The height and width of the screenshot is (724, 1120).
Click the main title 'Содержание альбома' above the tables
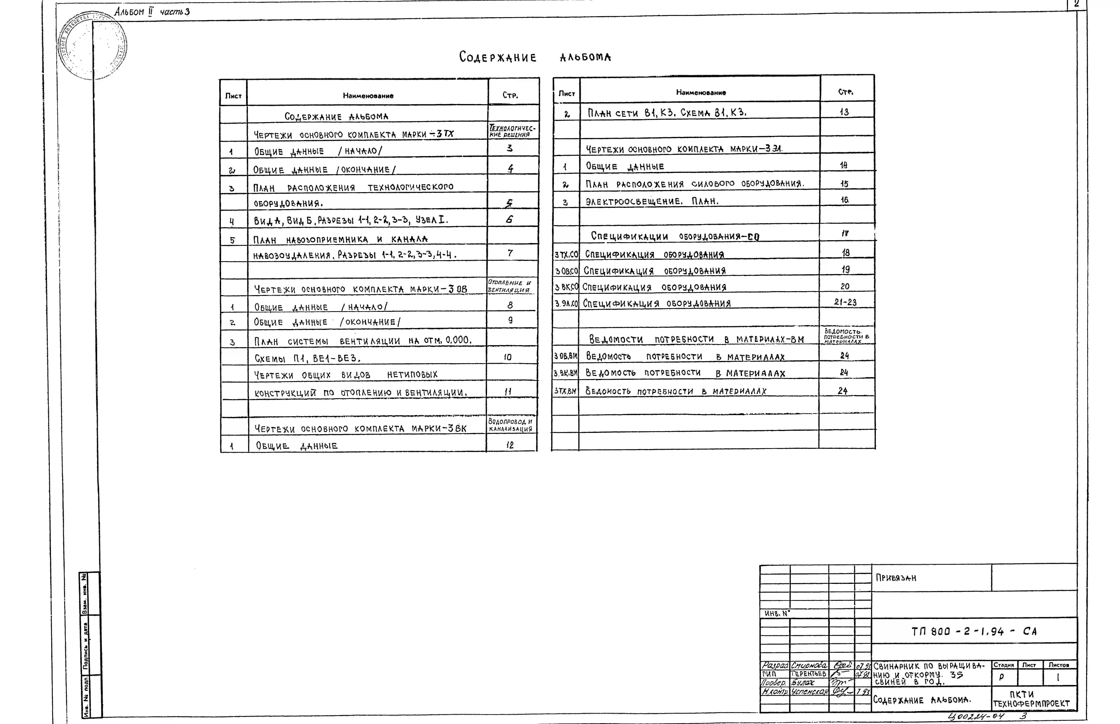(x=535, y=57)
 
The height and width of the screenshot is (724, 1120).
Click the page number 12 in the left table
(x=510, y=445)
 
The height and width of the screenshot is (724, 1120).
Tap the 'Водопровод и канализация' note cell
(x=510, y=425)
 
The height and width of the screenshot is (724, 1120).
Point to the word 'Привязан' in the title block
(x=896, y=578)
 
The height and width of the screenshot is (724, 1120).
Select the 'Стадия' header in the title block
(x=1003, y=665)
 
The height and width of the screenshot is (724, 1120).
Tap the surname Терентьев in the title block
(x=808, y=674)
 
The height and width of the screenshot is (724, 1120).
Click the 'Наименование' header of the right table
(x=701, y=93)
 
